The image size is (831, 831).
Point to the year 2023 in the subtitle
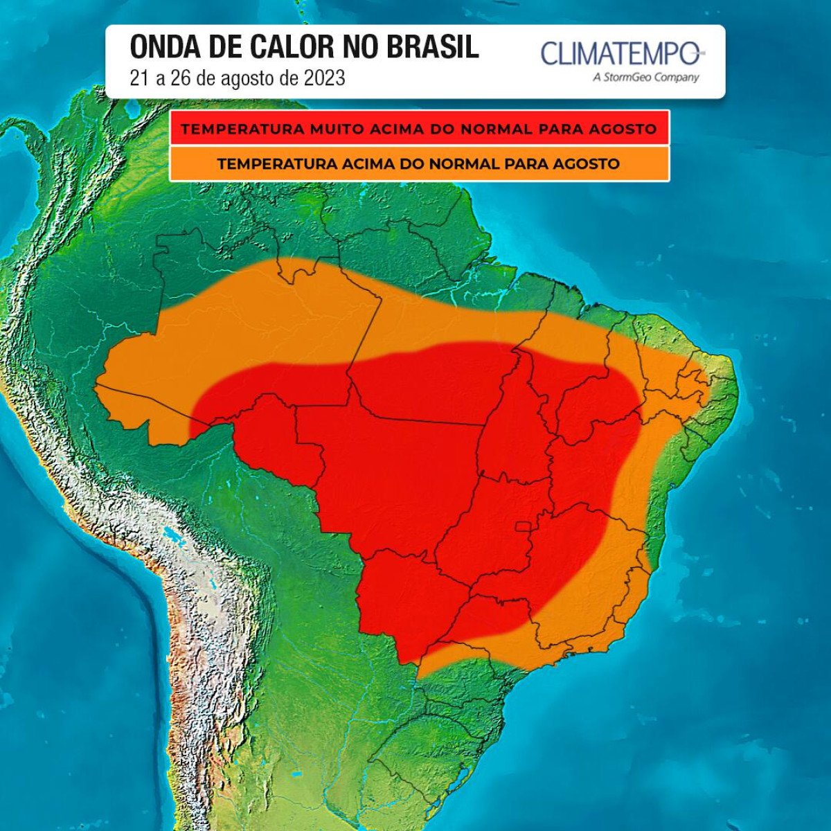[323, 78]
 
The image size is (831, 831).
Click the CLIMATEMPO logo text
[620, 53]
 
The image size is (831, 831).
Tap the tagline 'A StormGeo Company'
[645, 78]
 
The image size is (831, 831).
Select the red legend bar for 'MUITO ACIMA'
[419, 129]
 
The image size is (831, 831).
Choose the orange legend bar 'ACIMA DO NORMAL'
[419, 164]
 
